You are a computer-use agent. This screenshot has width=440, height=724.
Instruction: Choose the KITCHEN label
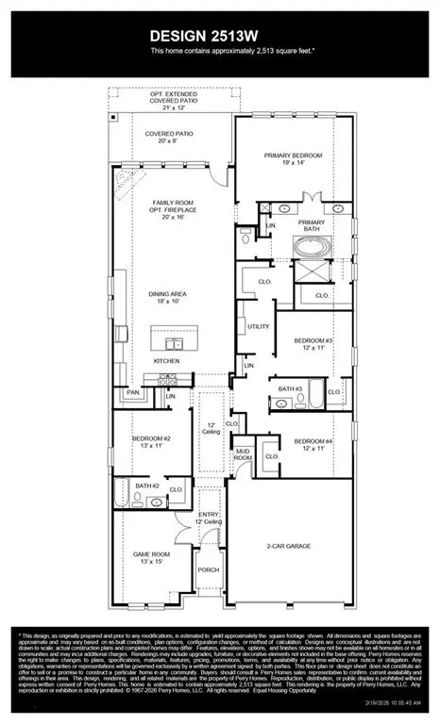[x=168, y=361]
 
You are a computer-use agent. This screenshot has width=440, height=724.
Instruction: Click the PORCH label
[x=209, y=568]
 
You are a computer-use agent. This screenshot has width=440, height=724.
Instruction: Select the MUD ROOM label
[x=244, y=452]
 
